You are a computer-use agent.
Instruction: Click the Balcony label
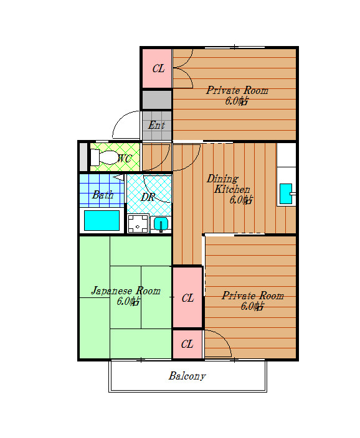[187, 376]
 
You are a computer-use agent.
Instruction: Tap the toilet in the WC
[104, 157]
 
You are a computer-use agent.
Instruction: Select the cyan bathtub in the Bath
[102, 220]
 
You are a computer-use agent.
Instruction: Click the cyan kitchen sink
[287, 193]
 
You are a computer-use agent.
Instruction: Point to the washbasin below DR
[161, 224]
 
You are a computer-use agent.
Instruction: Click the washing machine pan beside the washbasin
[138, 223]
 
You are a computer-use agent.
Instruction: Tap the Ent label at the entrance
[156, 125]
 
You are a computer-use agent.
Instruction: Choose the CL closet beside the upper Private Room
[157, 68]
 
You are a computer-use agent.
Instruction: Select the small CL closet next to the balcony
[187, 344]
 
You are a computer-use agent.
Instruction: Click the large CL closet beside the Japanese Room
[187, 297]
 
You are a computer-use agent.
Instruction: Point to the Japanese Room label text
[126, 291]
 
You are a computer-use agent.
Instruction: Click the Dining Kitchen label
[228, 184]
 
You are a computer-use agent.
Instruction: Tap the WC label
[125, 159]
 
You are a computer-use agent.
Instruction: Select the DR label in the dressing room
[148, 197]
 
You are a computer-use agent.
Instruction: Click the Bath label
[103, 194]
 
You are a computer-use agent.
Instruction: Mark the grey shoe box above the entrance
[156, 100]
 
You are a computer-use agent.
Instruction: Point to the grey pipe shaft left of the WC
[83, 157]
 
